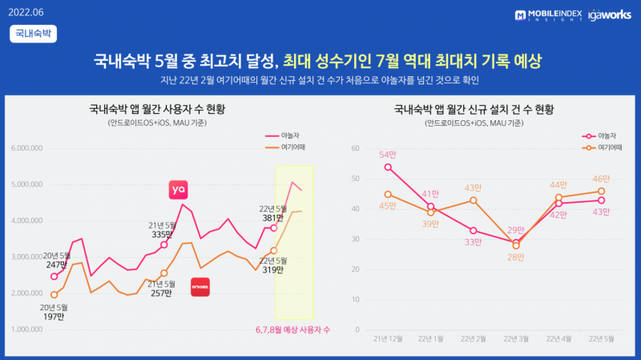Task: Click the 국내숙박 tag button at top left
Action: click(33, 33)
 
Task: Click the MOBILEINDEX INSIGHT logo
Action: click(549, 14)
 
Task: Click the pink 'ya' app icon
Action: click(178, 189)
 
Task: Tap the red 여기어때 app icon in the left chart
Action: click(200, 286)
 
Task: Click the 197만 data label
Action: click(54, 317)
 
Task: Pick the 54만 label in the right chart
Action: click(389, 154)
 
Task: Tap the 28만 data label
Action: click(516, 257)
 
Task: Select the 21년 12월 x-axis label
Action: click(389, 338)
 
